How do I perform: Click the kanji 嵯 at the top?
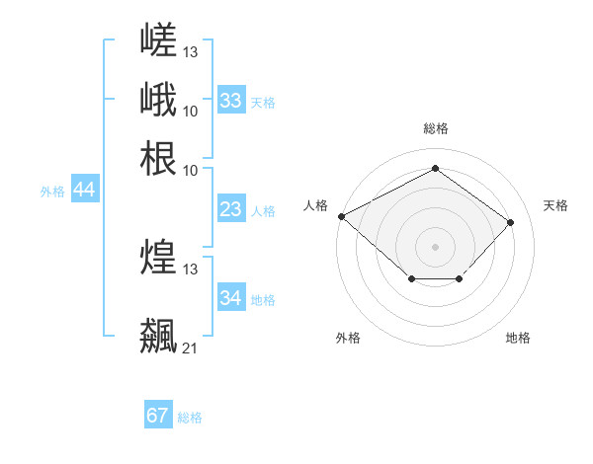coord(158,39)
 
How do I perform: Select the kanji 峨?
coord(158,99)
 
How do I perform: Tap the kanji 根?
coord(158,158)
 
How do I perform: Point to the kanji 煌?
coord(158,256)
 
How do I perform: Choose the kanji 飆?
coord(158,336)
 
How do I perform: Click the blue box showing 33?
coord(231,100)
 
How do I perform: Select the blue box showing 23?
coord(231,208)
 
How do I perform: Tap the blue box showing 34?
coord(231,296)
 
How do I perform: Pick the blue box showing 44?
coord(85,189)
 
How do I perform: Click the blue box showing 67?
coord(158,414)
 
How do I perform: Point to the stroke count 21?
coord(190,348)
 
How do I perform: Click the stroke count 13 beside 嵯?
coord(190,52)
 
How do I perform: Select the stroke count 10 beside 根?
coord(190,171)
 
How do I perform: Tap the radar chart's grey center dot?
coord(435,247)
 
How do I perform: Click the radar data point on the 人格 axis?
coord(342,216)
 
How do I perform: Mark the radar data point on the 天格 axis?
coord(510,222)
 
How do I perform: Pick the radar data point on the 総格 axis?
coord(435,168)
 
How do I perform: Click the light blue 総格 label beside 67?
coord(190,418)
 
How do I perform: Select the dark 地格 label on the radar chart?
coord(518,338)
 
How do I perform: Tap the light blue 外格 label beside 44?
coord(52,192)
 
